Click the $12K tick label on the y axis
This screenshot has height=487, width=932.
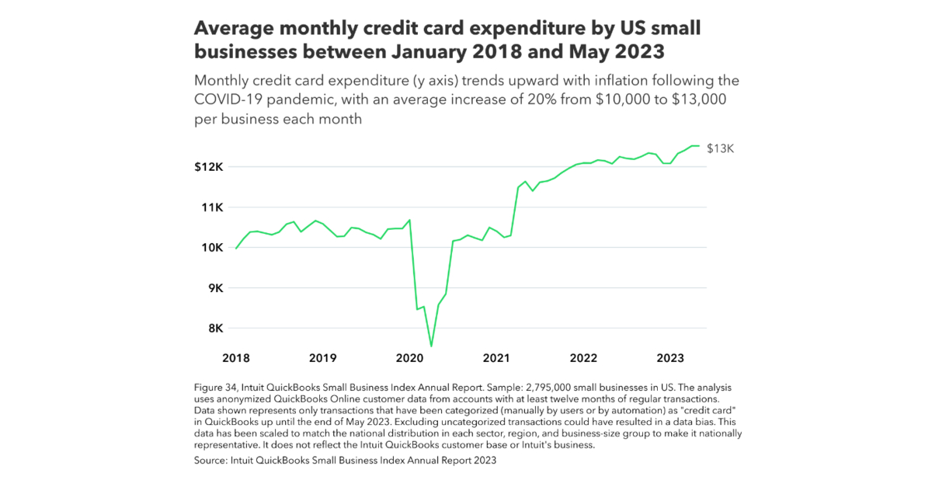tap(208, 167)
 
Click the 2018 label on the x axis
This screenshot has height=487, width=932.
tap(235, 358)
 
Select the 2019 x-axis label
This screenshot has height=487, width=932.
tap(322, 358)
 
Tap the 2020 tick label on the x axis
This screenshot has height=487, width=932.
tap(409, 358)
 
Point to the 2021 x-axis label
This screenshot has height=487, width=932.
tap(496, 358)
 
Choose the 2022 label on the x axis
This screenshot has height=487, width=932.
tap(583, 358)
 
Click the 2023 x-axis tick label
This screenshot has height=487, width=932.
tap(670, 358)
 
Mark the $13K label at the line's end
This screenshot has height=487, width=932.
tap(720, 148)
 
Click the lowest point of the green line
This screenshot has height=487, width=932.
tap(431, 346)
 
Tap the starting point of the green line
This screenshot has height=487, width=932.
tap(236, 249)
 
